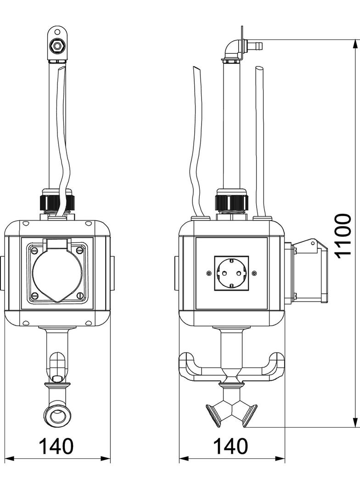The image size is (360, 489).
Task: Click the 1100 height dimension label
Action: click(x=343, y=236)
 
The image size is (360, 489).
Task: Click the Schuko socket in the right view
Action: click(x=231, y=273)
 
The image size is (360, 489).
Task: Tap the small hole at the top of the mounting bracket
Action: click(x=56, y=32)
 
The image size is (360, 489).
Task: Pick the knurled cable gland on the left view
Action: click(x=57, y=202)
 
